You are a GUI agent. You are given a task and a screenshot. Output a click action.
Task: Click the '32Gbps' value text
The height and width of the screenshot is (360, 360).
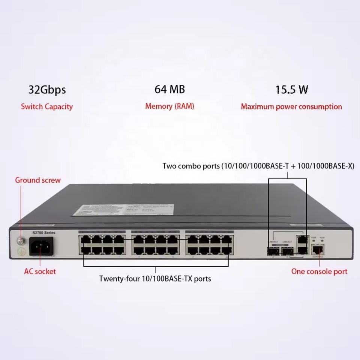(47, 90)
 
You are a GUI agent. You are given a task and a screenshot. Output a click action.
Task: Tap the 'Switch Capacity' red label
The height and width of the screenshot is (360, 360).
(47, 106)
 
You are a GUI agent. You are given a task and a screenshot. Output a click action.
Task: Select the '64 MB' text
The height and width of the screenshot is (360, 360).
(169, 89)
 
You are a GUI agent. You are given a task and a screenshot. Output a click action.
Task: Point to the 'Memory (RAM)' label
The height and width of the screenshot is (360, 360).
(169, 106)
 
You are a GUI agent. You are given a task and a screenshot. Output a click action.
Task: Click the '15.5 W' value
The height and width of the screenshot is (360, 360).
(291, 90)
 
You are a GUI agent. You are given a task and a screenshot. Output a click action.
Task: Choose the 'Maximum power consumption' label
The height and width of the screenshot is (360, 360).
(291, 106)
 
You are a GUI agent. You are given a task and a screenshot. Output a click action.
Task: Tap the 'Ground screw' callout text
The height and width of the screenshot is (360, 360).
(37, 180)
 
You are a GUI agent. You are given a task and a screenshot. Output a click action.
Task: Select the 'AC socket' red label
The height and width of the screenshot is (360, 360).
(40, 271)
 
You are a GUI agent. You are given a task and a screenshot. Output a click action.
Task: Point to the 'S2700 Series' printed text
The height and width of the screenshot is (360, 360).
(44, 233)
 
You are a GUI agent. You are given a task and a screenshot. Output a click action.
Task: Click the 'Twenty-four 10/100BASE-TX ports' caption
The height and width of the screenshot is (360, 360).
(155, 279)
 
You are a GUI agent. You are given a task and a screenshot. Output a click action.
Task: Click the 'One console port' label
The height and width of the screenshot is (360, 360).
(319, 271)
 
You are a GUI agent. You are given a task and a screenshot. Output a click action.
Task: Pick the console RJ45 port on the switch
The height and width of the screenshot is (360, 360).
(317, 249)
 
